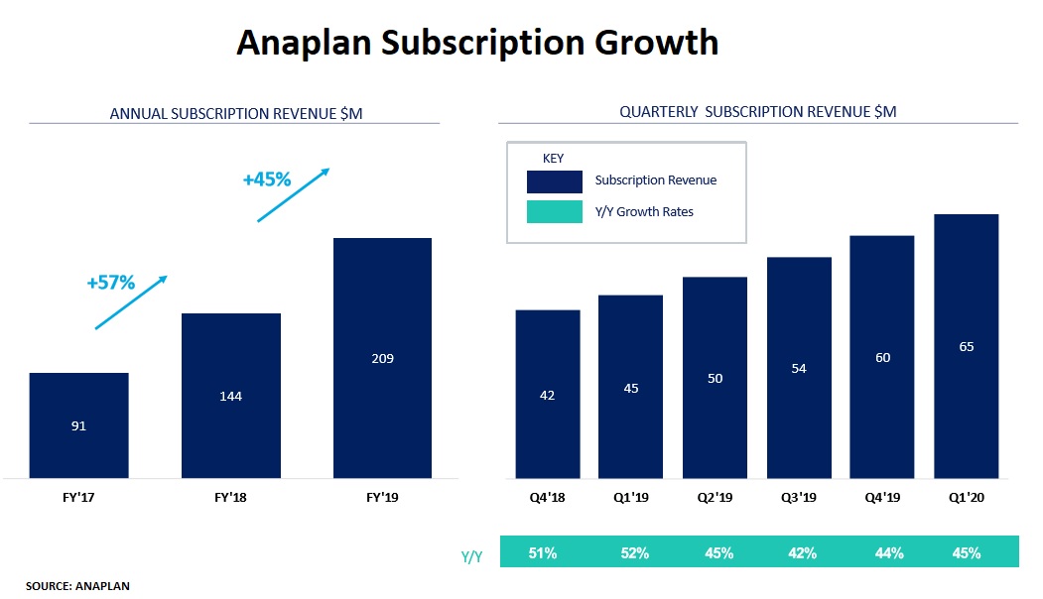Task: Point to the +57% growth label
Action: [110, 282]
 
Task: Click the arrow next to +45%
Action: [293, 194]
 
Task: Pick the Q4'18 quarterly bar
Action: [547, 394]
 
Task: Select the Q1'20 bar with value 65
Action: [966, 346]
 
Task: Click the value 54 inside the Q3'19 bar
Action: [799, 368]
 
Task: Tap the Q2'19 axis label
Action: [715, 498]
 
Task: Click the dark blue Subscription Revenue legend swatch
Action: [554, 181]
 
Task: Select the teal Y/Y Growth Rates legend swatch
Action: [554, 211]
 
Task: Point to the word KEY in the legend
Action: [553, 158]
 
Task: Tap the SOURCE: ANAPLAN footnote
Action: [77, 586]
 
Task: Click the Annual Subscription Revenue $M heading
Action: [236, 114]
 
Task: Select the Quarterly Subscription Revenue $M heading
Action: [757, 112]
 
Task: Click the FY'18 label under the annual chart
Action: [230, 498]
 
